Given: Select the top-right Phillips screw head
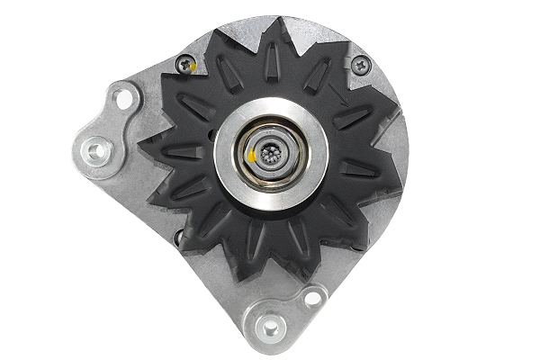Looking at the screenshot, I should coord(361,64).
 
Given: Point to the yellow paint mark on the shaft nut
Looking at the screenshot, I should coord(250,157).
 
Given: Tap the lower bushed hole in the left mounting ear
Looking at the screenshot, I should coord(95,150).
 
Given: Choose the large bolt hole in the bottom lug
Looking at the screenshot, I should coord(268,328).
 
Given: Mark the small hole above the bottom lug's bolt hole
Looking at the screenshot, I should coord(310,297).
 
